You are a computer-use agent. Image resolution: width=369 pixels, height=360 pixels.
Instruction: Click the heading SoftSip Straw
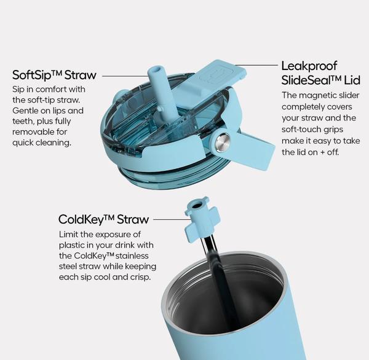coord(54,75)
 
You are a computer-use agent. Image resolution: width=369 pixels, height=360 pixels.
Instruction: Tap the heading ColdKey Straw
coord(103,219)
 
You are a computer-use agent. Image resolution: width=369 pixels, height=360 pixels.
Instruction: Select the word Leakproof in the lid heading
coord(309,66)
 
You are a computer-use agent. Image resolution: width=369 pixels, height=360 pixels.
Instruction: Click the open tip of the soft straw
coord(155,70)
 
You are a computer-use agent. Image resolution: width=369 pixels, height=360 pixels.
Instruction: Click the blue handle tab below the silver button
coord(252,151)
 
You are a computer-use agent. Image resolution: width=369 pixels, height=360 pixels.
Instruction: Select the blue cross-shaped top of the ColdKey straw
coord(202,219)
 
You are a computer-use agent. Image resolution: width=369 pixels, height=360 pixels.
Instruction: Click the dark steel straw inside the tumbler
coord(220,282)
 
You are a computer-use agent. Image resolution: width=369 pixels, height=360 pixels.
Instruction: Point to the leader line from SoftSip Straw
coord(125,76)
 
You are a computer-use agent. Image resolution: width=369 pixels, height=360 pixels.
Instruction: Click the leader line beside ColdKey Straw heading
coord(172,219)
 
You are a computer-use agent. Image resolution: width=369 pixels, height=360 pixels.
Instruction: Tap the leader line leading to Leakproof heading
coord(256,65)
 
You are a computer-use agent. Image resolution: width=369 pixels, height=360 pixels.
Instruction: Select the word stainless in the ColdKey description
coord(133,256)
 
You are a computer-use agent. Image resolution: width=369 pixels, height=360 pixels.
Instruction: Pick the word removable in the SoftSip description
coord(33,132)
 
